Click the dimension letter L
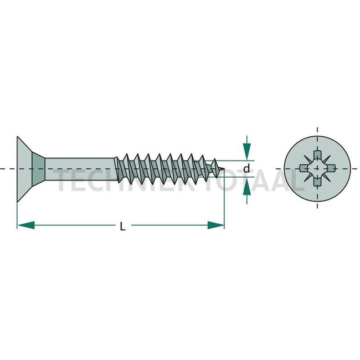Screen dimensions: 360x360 point(122,226)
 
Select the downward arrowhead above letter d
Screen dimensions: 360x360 point(247,151)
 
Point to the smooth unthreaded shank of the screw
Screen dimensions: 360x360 point(80,168)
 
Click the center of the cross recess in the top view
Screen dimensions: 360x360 point(317,168)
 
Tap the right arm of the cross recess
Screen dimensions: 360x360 point(330,168)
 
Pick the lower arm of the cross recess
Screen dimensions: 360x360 point(317,181)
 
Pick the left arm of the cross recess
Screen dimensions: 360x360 point(305,168)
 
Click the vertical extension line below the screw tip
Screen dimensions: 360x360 point(224,205)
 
